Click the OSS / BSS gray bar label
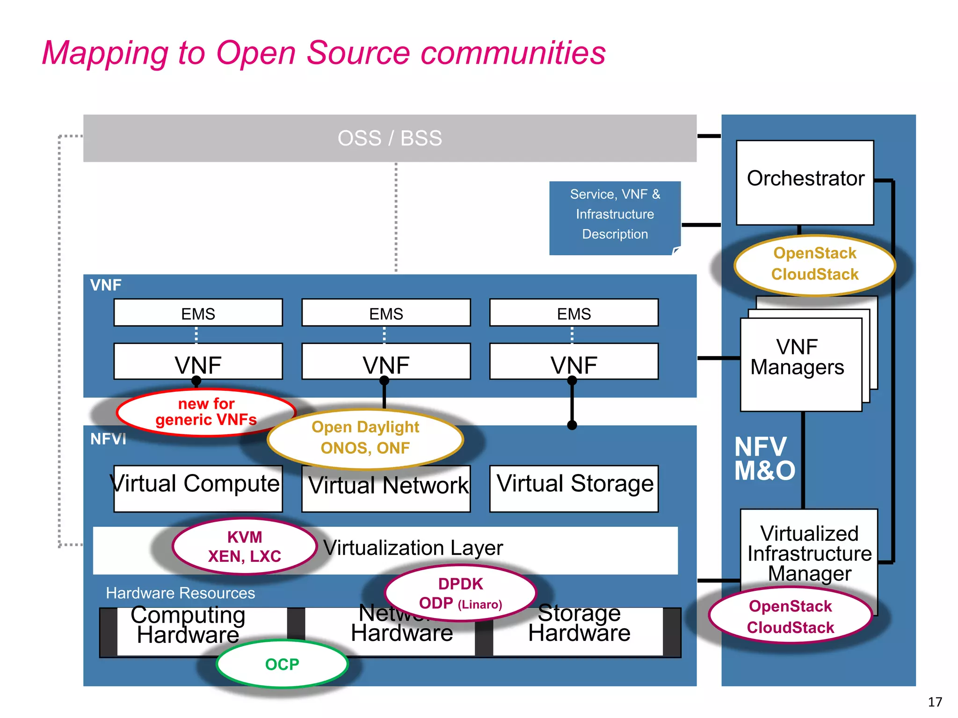390,138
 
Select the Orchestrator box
805,182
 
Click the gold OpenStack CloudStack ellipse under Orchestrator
814,265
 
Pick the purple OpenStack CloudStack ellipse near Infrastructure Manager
790,616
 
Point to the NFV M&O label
764,459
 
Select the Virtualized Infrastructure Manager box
809,552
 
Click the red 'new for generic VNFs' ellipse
206,412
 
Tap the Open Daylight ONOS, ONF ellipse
365,438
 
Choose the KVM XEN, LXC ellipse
244,546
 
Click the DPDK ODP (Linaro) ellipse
460,593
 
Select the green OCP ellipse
282,664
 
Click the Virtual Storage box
574,488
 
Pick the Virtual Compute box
197,488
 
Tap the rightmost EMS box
573,313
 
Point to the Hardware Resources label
180,593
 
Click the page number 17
935,702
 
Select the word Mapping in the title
105,53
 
